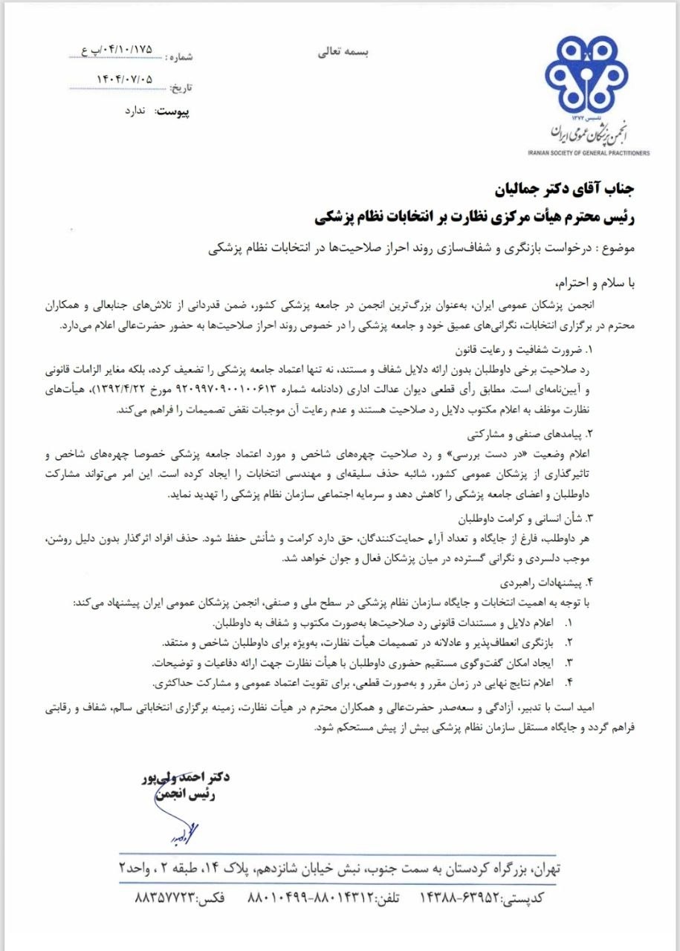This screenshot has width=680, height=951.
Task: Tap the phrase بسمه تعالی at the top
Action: click(343, 52)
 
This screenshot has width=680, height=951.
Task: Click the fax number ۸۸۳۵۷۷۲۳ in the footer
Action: click(166, 898)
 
